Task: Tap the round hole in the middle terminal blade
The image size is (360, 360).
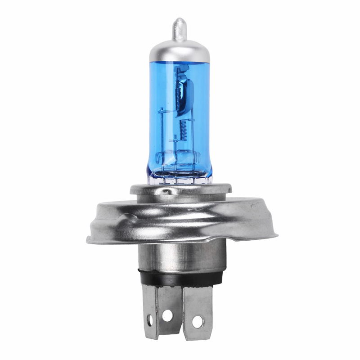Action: pos(167,315)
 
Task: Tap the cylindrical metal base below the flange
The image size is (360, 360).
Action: pos(180,256)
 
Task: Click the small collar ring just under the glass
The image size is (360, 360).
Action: pos(180,189)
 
